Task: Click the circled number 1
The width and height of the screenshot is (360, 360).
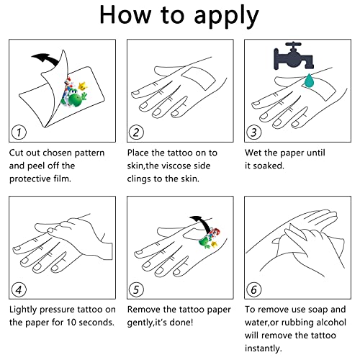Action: tap(19, 132)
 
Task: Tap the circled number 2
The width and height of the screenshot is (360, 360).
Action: tap(136, 132)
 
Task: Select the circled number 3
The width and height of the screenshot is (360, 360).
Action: tap(254, 132)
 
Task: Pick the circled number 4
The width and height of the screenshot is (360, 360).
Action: tap(19, 289)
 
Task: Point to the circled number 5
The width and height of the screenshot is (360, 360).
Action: tap(136, 289)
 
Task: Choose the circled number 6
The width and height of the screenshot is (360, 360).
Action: tap(254, 289)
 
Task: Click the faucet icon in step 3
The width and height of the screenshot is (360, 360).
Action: tap(294, 56)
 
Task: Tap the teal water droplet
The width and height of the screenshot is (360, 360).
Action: tap(310, 81)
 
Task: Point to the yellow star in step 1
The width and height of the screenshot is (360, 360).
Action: tap(83, 86)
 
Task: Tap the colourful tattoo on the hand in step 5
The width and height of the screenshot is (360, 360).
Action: tap(210, 239)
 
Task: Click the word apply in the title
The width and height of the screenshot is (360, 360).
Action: tap(226, 16)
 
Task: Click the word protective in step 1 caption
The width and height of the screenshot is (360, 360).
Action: tap(31, 179)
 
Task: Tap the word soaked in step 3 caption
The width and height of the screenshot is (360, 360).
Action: tap(269, 166)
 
